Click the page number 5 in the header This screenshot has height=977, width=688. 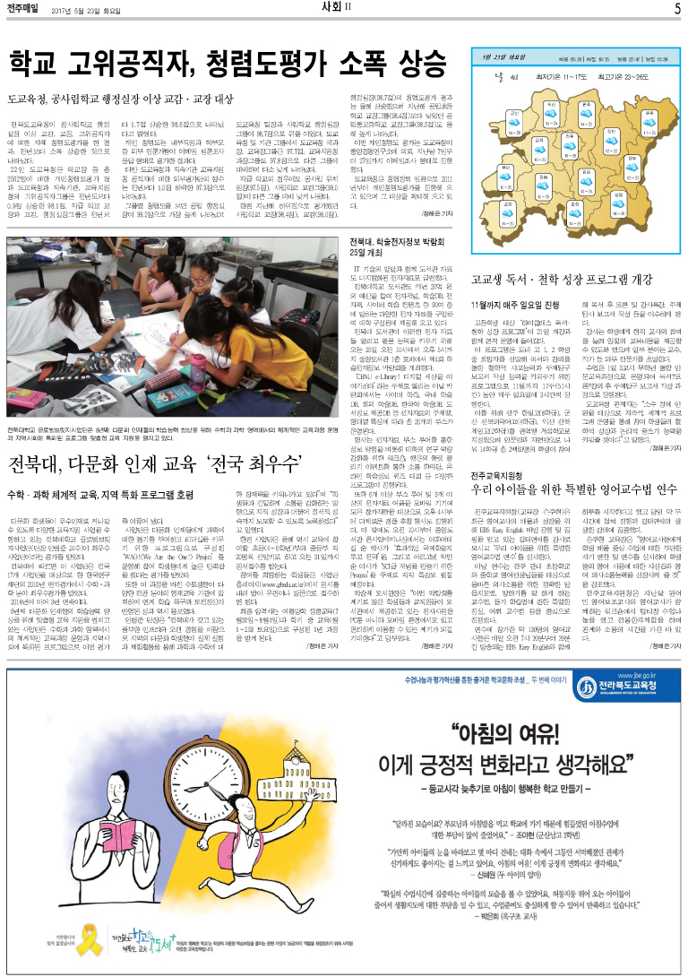(x=677, y=9)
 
